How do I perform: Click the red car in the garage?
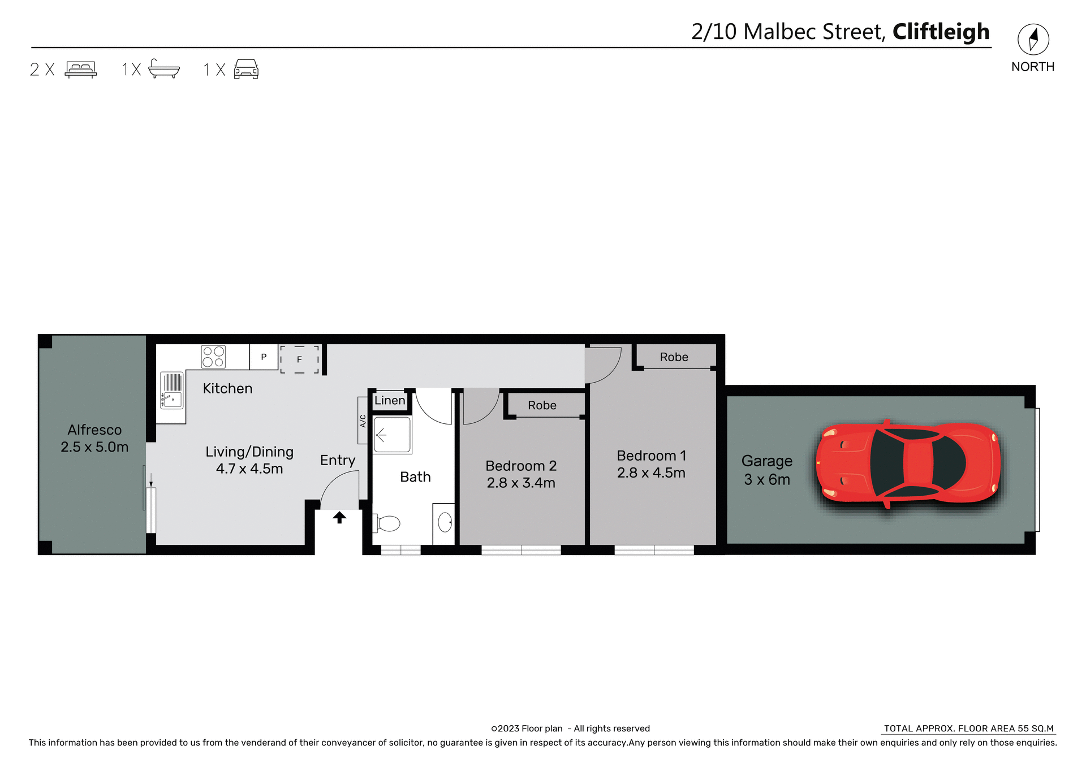[908, 463]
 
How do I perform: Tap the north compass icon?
[1033, 40]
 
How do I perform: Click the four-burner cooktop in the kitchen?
[213, 357]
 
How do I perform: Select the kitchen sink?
[172, 390]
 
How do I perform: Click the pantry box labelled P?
[264, 357]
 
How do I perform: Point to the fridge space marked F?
[299, 359]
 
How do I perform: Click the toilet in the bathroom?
[387, 523]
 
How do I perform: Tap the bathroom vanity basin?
[445, 522]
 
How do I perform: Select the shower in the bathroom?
[391, 435]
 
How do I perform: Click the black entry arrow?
[339, 517]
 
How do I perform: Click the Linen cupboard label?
[390, 400]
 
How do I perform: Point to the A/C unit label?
[363, 421]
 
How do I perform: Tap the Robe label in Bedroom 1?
[674, 357]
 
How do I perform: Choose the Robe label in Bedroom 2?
[542, 405]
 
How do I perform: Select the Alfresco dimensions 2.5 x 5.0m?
[94, 447]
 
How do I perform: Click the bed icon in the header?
[81, 69]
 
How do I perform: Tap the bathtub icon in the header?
[163, 69]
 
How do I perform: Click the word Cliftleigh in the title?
[941, 32]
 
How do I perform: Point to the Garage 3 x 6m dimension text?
[766, 479]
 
